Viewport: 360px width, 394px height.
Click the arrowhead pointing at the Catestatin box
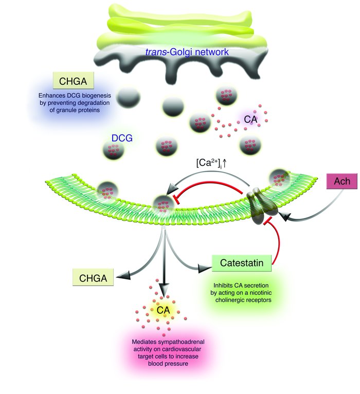tap(204, 266)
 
